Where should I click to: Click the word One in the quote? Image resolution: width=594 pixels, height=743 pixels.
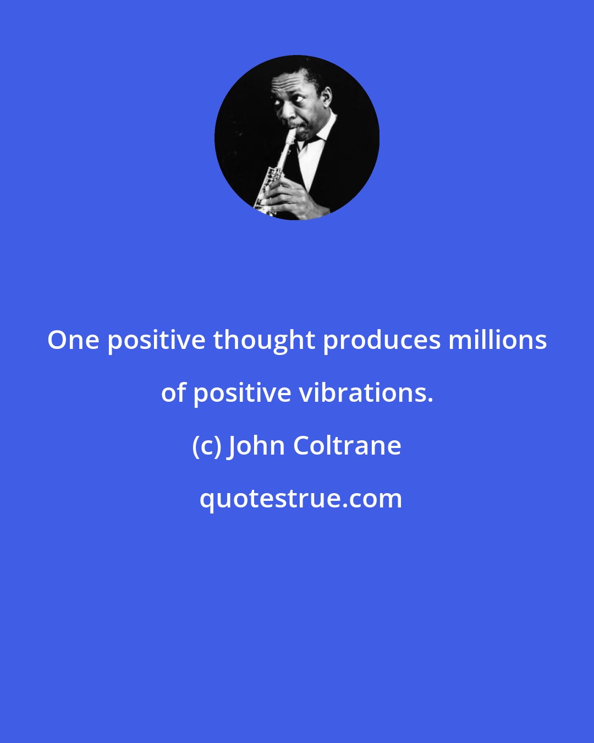point(73,340)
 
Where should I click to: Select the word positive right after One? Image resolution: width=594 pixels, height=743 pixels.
point(156,340)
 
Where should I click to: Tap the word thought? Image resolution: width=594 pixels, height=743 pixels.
point(264,340)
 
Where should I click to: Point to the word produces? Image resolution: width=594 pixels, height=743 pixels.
point(382,340)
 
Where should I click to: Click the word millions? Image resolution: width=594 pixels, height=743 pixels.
point(497,340)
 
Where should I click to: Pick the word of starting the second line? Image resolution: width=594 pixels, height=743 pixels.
point(173,393)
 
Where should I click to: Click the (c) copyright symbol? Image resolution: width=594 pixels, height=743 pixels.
point(206,446)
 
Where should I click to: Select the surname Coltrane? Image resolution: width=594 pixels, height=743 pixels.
point(347,446)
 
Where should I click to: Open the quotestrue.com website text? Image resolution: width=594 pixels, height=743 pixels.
point(300,499)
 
